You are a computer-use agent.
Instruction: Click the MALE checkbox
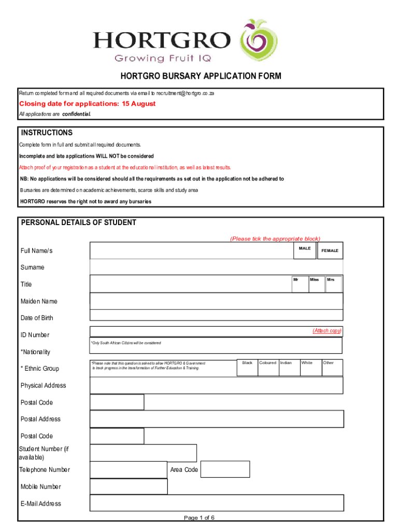tap(305, 250)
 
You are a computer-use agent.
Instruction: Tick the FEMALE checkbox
tap(330, 250)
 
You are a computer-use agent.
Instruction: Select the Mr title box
tap(300, 283)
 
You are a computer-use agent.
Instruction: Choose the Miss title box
tap(316, 283)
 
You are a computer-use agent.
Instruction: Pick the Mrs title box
tap(333, 283)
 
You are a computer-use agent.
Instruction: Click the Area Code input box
tap(225, 469)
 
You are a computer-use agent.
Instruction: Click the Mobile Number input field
tap(129, 486)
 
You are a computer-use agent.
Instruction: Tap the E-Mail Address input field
tap(217, 503)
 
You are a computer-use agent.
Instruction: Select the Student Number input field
tap(143, 453)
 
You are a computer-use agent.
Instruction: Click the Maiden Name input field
tap(217, 301)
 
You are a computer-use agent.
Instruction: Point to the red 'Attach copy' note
tap(326, 331)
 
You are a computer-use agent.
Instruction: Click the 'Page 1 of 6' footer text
tap(199, 518)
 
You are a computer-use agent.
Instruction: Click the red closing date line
tap(88, 104)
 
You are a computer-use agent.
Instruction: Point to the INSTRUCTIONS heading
tap(46, 133)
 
